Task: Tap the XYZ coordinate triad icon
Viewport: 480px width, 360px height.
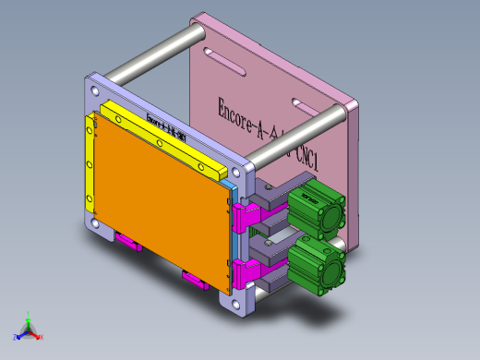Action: [x=29, y=328]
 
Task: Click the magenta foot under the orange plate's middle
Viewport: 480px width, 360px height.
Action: [x=195, y=279]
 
